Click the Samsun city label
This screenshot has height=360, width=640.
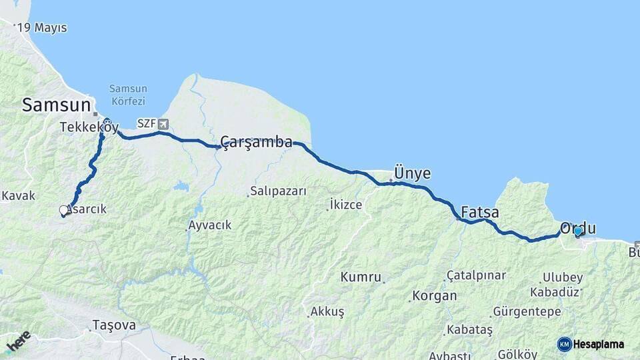[x=56, y=105]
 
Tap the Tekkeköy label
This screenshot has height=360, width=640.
[x=89, y=127]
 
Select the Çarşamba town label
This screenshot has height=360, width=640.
[x=257, y=142]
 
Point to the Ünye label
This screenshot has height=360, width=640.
[x=412, y=173]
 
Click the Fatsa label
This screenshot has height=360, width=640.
[x=480, y=213]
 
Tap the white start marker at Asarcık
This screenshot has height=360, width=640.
[x=64, y=211]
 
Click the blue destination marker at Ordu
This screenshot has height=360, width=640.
[x=578, y=231]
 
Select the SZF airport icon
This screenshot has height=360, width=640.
[x=163, y=123]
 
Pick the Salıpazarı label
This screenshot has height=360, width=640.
[x=279, y=191]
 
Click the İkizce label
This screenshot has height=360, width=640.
[x=346, y=205]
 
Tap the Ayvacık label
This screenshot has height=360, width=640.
[x=210, y=225]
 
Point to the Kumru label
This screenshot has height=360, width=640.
[x=361, y=277]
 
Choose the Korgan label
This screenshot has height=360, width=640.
[x=435, y=295]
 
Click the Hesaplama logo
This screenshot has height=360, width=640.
[x=591, y=344]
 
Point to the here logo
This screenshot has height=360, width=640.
[x=18, y=341]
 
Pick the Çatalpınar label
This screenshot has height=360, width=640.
[x=476, y=275]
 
